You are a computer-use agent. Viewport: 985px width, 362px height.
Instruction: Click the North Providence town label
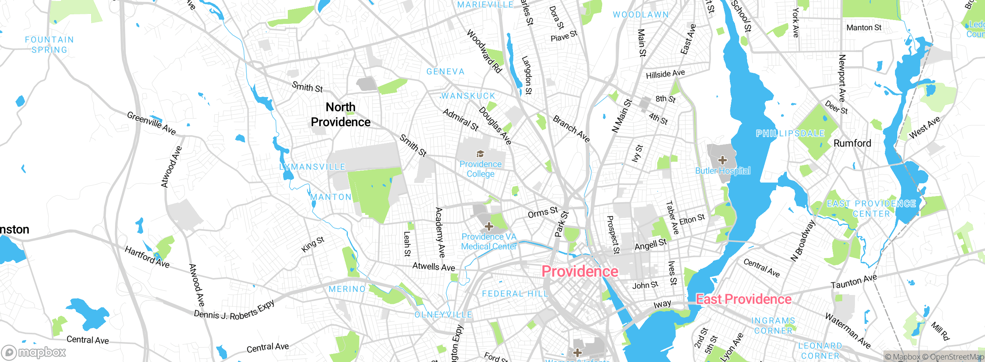tap(341, 114)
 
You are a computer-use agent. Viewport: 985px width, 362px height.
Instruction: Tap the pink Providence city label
tap(579, 271)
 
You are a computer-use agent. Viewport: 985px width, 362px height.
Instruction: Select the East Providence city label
tap(743, 299)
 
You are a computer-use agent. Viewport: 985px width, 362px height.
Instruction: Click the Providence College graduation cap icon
tap(480, 154)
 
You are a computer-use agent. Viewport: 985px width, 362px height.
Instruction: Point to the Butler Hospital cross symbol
tap(722, 160)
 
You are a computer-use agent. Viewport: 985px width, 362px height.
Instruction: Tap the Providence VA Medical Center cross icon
tap(489, 226)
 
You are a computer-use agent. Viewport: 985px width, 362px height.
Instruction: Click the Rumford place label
tap(852, 143)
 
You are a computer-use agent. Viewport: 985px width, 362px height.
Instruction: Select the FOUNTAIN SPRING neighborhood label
tap(49, 45)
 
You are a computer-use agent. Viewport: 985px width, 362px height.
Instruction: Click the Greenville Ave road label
tap(151, 123)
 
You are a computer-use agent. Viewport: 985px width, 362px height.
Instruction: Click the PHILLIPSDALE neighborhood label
tap(790, 133)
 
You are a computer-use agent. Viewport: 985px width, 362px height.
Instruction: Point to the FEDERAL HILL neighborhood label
tap(515, 293)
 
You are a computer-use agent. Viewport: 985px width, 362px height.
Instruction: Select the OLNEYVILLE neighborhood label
tap(443, 315)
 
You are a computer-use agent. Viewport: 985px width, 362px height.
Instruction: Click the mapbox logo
tap(34, 352)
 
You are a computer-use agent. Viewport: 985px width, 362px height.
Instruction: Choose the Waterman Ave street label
tap(848, 331)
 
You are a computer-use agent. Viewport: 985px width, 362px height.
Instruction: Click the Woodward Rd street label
tap(484, 51)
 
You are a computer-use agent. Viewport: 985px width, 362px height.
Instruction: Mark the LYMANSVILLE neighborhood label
tap(312, 167)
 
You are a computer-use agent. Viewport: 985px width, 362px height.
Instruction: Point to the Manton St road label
tap(864, 28)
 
